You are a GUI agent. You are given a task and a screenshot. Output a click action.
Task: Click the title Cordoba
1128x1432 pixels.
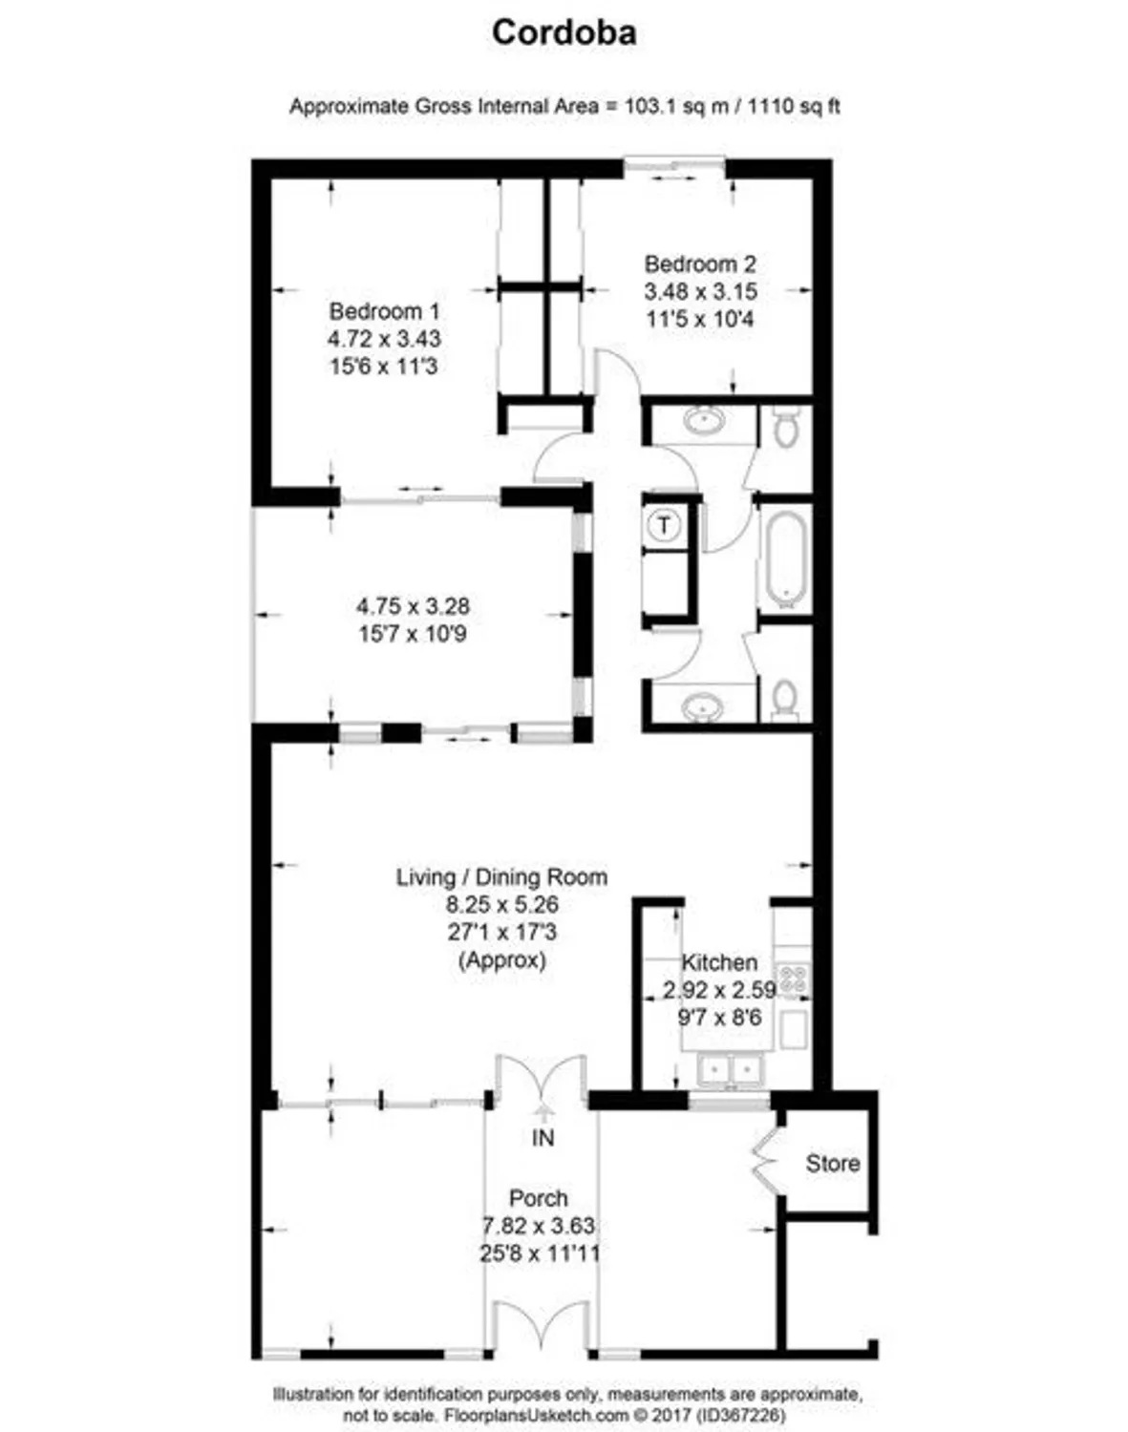tap(564, 33)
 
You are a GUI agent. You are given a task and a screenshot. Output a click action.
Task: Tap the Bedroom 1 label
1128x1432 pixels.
tap(384, 311)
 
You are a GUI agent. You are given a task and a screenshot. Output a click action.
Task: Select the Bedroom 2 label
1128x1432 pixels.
tap(699, 264)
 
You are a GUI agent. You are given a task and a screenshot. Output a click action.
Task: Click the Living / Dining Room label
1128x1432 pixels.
tap(501, 876)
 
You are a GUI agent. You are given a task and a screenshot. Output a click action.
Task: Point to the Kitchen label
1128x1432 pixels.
tap(718, 962)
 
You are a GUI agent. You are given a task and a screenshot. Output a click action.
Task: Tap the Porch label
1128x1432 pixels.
tap(538, 1198)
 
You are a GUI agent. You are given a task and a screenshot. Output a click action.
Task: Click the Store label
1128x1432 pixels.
tap(832, 1163)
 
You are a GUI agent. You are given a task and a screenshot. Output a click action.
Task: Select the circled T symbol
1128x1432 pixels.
tap(664, 524)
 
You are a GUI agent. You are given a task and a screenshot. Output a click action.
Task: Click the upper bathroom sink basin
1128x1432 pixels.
tap(705, 419)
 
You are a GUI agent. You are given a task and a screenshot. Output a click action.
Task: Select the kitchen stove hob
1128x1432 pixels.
tap(792, 979)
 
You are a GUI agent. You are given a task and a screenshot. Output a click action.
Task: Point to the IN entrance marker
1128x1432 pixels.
tap(543, 1137)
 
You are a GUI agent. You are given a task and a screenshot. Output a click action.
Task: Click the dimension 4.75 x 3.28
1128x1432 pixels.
tap(413, 606)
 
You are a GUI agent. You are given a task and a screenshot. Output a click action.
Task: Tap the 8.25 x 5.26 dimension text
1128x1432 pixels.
tap(501, 904)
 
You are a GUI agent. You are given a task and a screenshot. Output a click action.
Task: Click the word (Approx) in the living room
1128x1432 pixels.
tap(501, 959)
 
